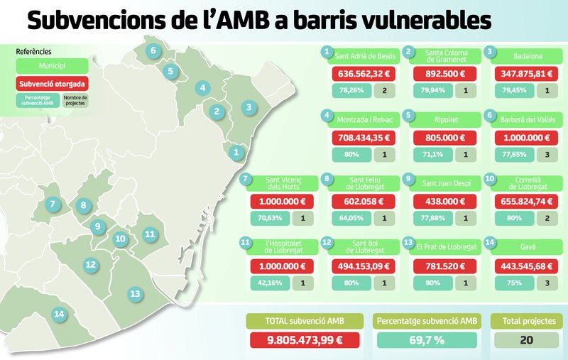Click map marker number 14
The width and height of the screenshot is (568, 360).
59,314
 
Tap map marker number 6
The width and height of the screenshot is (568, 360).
153,50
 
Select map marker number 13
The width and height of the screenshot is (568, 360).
134,293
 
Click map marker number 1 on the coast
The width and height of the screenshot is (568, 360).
236,151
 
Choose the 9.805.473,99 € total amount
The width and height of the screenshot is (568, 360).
303,339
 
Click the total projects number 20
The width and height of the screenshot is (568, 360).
526,339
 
